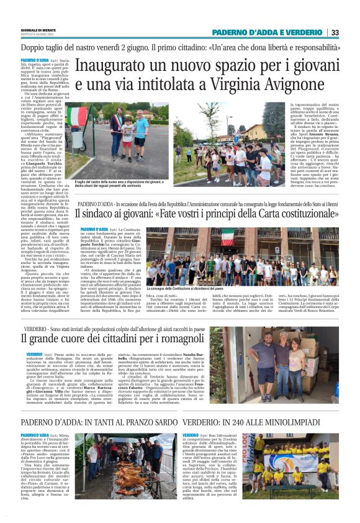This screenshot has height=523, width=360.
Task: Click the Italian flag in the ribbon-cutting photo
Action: click(78, 116)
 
